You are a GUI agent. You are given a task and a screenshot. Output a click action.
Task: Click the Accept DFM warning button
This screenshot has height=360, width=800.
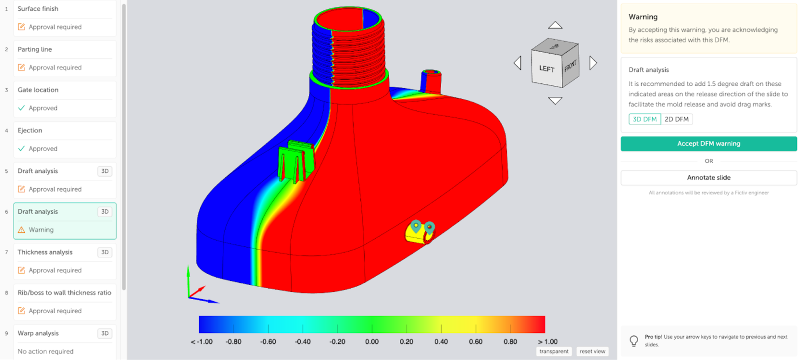(x=708, y=144)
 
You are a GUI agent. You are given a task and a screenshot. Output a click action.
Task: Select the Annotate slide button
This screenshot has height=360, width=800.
(x=708, y=178)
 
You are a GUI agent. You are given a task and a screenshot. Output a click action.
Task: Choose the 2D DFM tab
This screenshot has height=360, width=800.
(x=677, y=119)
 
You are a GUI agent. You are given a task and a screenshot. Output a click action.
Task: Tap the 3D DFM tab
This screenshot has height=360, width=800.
(x=645, y=119)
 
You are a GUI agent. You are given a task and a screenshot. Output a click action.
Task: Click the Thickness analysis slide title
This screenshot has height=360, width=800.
(x=45, y=252)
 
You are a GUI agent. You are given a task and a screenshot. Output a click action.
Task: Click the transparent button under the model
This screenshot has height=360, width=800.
(x=554, y=351)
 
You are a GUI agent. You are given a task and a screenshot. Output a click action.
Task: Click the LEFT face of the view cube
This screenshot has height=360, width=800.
(x=547, y=69)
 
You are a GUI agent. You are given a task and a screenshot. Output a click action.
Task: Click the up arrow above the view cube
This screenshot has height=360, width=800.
(x=556, y=25)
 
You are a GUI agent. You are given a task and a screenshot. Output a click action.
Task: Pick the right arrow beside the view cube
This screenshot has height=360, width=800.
(x=593, y=63)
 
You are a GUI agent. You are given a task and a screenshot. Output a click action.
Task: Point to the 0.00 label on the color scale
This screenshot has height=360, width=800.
(x=371, y=342)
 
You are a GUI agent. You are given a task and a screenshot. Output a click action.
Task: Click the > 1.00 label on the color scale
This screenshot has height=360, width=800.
(x=547, y=342)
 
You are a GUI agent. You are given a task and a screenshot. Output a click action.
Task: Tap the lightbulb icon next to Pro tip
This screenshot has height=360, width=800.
(x=634, y=341)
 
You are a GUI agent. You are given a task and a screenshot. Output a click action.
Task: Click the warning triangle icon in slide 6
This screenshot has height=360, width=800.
(x=21, y=230)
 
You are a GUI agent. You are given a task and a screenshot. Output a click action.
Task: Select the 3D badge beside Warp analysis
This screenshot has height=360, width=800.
(x=105, y=333)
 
